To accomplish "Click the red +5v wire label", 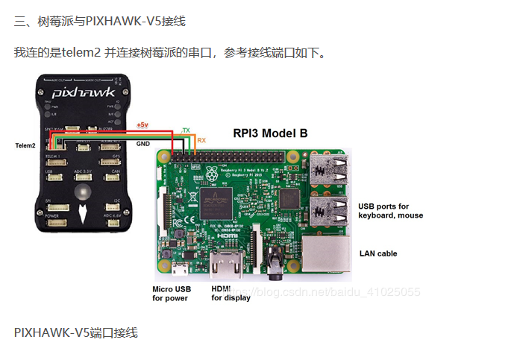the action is click(x=142, y=124).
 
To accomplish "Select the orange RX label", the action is click(x=201, y=140).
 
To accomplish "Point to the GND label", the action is click(x=143, y=142).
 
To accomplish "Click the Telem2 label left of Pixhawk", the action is click(x=25, y=145).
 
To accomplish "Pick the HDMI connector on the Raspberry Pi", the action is click(x=224, y=265).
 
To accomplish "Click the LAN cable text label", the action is click(x=378, y=253).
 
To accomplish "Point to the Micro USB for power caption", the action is click(x=172, y=294).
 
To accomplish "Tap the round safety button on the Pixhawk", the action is click(x=84, y=192).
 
